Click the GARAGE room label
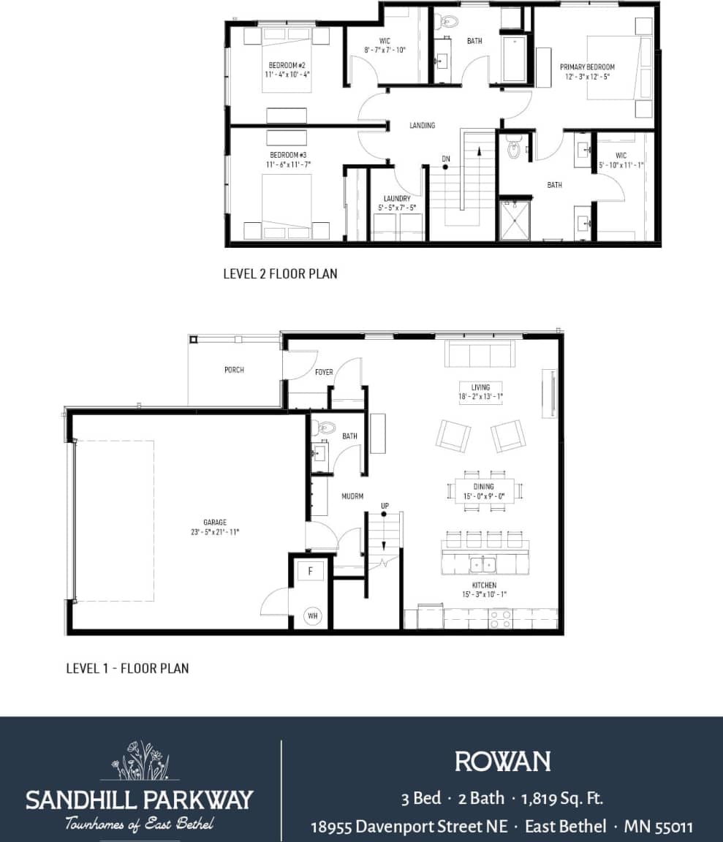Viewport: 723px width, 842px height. [x=215, y=522]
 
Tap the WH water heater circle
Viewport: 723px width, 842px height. [x=313, y=616]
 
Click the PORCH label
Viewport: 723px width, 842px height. [x=234, y=370]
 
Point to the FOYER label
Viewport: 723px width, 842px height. [x=324, y=372]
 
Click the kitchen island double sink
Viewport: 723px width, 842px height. [x=483, y=564]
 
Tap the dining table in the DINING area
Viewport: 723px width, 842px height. [x=484, y=490]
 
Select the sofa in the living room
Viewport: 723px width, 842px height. [x=480, y=355]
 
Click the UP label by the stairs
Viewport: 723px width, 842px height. [x=385, y=506]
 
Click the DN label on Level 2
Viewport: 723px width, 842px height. [x=445, y=159]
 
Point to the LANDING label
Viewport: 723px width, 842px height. [x=422, y=126]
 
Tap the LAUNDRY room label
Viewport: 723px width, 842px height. [x=397, y=198]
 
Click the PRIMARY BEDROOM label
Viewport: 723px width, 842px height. [x=587, y=67]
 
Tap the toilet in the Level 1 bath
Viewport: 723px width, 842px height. [x=327, y=428]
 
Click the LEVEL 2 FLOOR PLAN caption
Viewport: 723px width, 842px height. [x=280, y=274]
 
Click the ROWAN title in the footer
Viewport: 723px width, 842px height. [x=502, y=762]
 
